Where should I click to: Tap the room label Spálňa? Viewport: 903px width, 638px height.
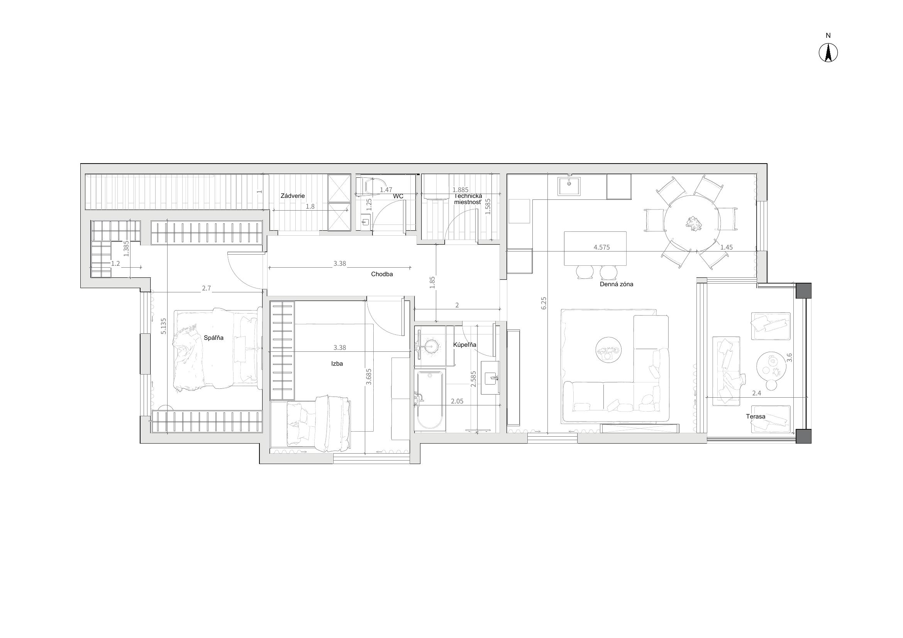pyautogui.click(x=213, y=338)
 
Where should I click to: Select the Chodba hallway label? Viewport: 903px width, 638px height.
pyautogui.click(x=382, y=274)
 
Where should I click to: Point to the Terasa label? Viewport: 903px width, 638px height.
pyautogui.click(x=756, y=417)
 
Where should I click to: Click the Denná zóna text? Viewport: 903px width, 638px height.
pyautogui.click(x=616, y=284)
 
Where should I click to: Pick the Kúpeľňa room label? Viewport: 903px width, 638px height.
pyautogui.click(x=464, y=345)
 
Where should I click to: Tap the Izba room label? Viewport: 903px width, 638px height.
pyautogui.click(x=337, y=364)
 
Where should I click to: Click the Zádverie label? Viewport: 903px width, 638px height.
pyautogui.click(x=293, y=196)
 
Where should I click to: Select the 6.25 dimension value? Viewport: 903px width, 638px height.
pyautogui.click(x=544, y=303)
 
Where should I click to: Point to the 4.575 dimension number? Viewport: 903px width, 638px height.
pyautogui.click(x=602, y=248)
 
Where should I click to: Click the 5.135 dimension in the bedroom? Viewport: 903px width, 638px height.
pyautogui.click(x=164, y=326)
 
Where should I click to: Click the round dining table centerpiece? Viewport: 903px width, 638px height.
pyautogui.click(x=693, y=223)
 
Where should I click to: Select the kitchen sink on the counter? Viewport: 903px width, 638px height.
pyautogui.click(x=569, y=186)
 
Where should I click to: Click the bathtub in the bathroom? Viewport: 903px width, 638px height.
pyautogui.click(x=430, y=400)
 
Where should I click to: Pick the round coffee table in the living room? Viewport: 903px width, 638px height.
pyautogui.click(x=608, y=349)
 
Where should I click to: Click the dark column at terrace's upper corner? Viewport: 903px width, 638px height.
pyautogui.click(x=803, y=291)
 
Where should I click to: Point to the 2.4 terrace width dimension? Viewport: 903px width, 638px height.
pyautogui.click(x=756, y=393)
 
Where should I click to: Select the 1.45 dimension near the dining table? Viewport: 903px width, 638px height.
pyautogui.click(x=727, y=248)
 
